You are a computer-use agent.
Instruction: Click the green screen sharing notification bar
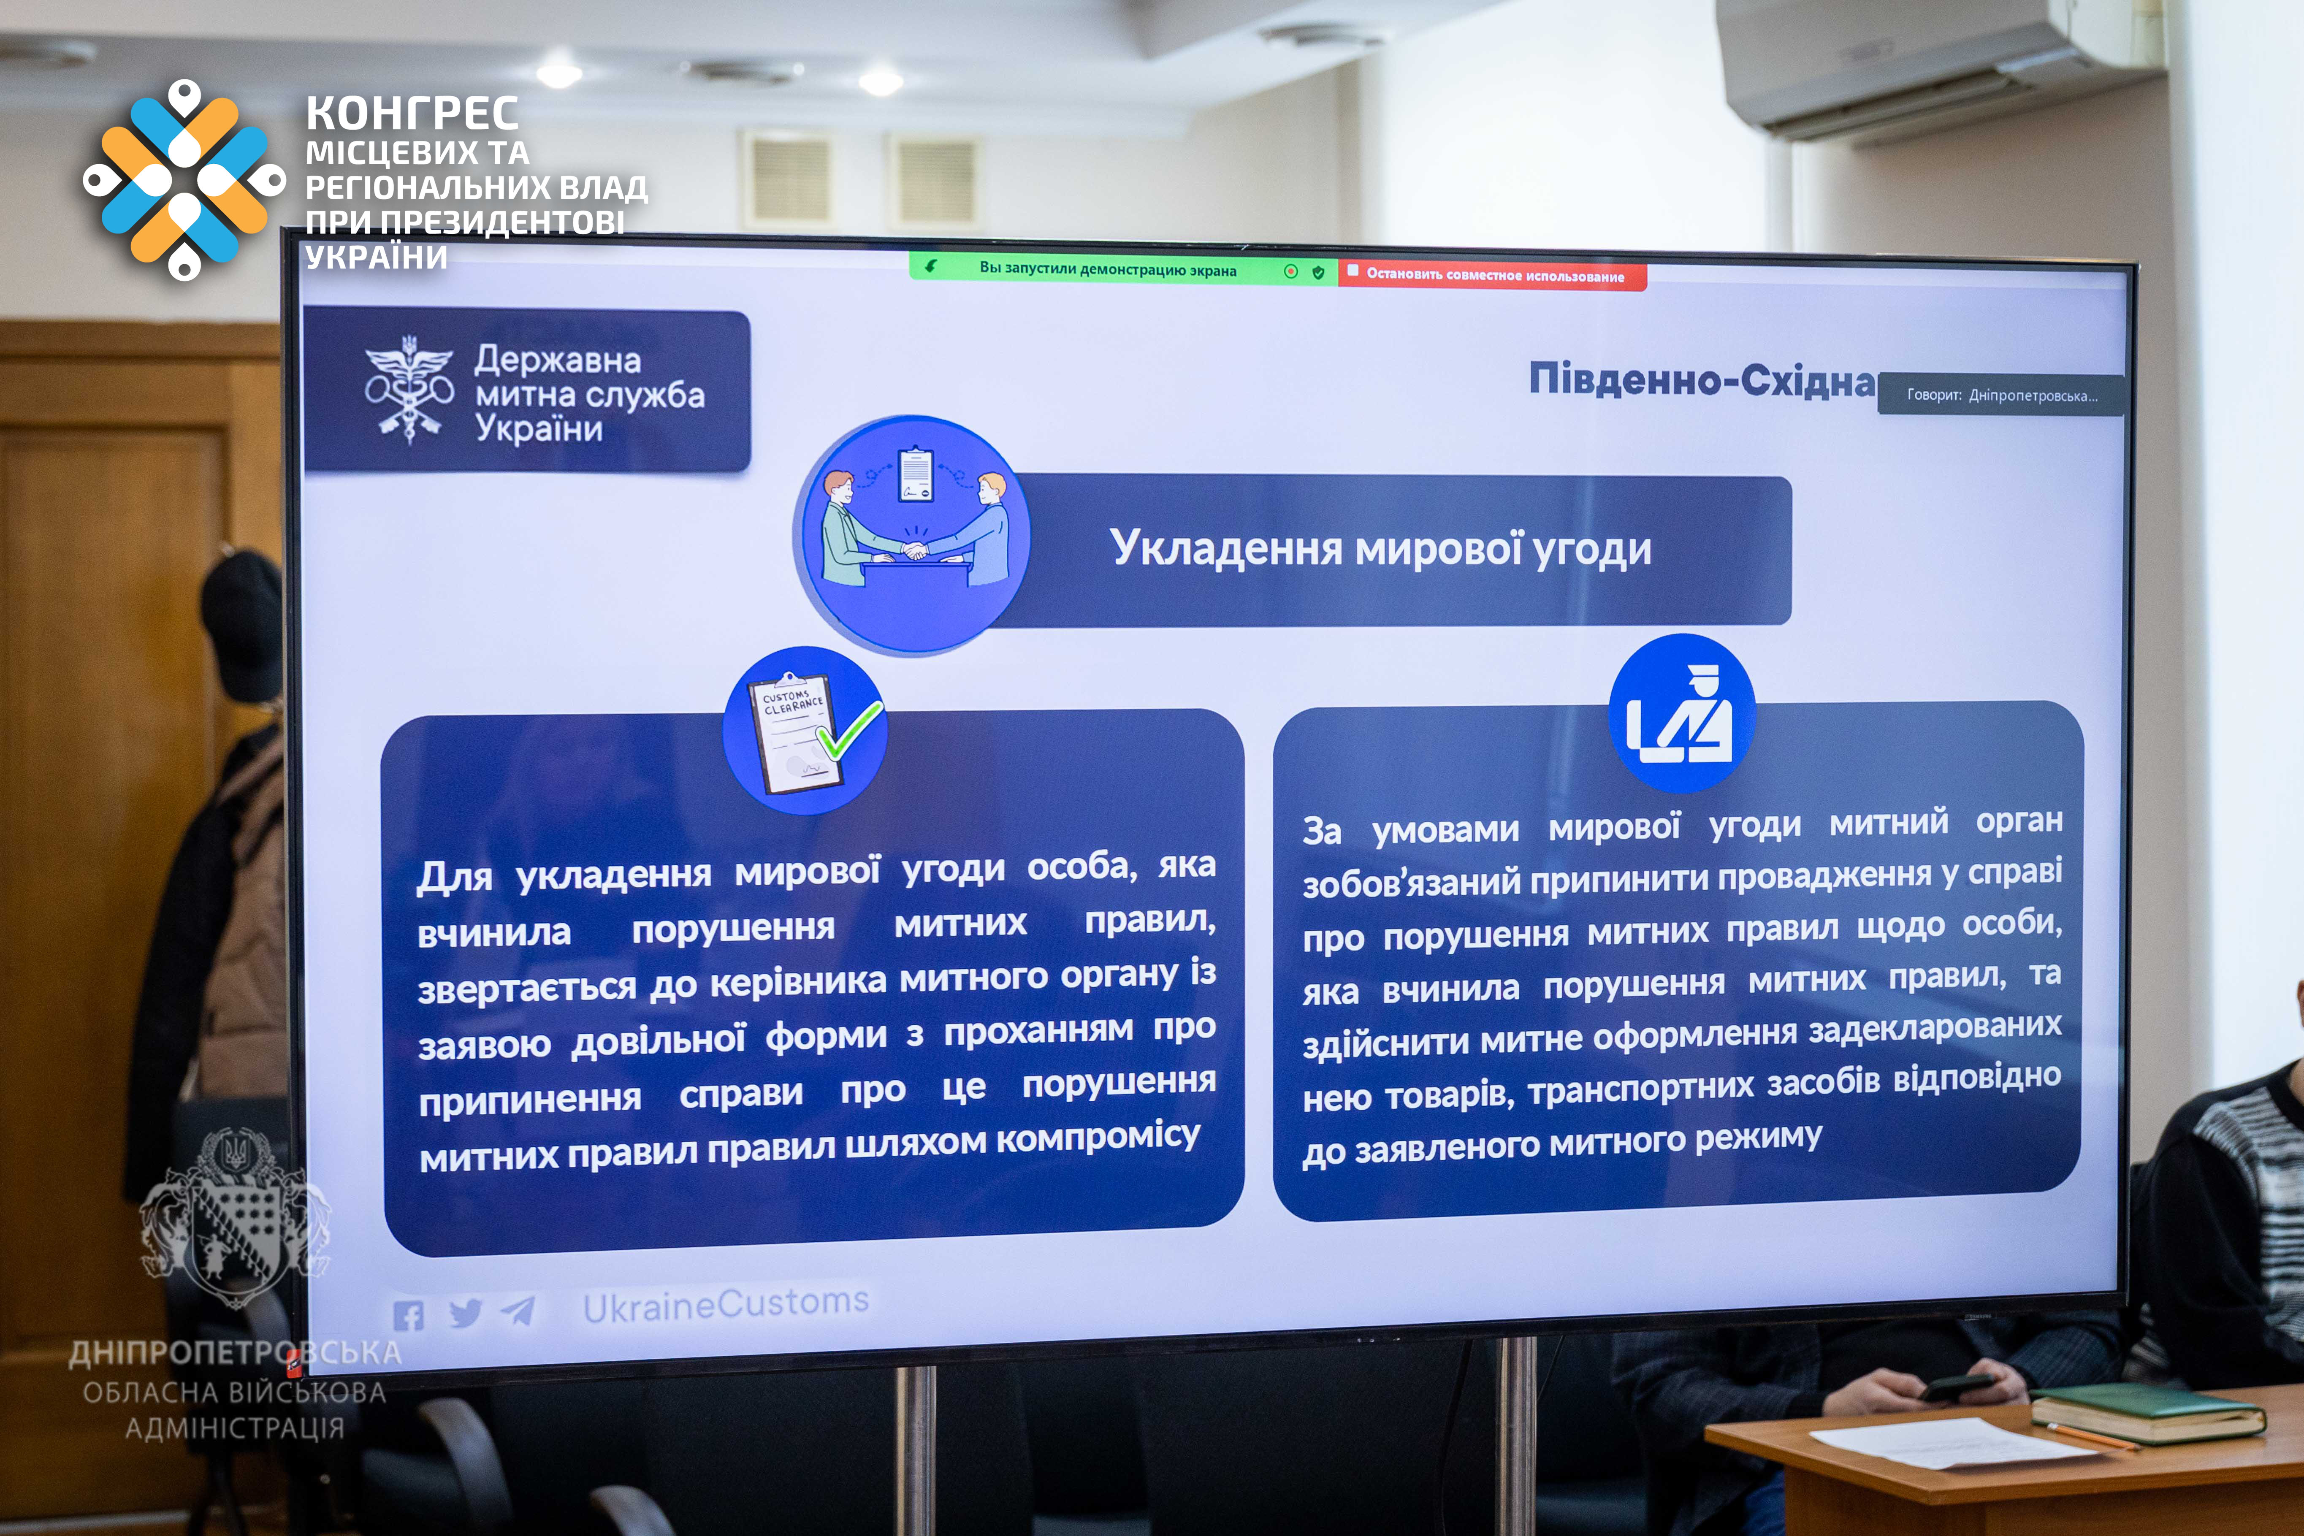[1122, 268]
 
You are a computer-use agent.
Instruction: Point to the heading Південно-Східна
[1702, 379]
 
